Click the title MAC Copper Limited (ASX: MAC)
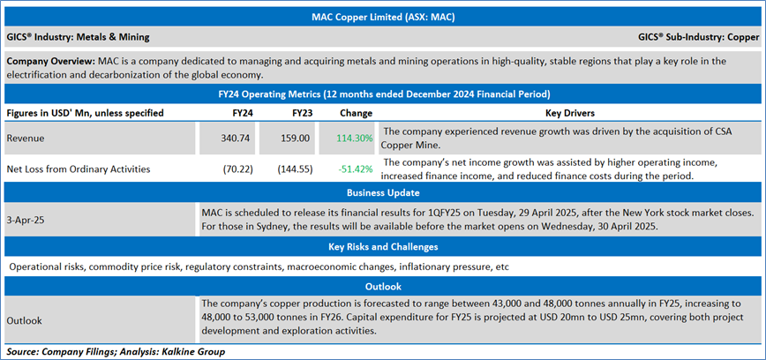tap(382, 16)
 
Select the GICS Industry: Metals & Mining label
tap(78, 37)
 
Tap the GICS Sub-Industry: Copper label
tap(698, 37)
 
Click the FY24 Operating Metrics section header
tap(382, 93)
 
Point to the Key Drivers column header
tap(569, 113)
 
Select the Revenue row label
tap(26, 139)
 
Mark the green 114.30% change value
tap(354, 139)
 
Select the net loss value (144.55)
tap(298, 168)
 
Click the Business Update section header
tap(382, 192)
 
